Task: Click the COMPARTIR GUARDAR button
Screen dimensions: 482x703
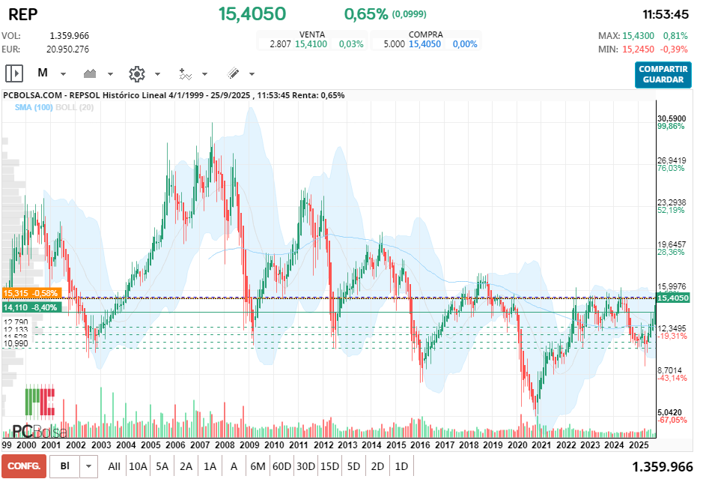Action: [x=663, y=74]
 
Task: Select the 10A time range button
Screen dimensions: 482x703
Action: [x=138, y=466]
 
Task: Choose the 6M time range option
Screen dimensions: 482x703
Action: [x=258, y=466]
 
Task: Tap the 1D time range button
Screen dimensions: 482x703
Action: [x=401, y=466]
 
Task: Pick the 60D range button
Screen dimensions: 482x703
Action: [x=281, y=466]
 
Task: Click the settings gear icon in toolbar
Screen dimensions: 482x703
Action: [x=136, y=73]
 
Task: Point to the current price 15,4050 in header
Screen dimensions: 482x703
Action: [x=252, y=13]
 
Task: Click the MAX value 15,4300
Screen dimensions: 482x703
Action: [x=638, y=36]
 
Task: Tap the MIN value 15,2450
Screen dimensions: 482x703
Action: [x=638, y=49]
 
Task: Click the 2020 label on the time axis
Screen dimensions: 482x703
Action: [x=517, y=445]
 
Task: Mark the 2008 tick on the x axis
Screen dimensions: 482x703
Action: [x=223, y=445]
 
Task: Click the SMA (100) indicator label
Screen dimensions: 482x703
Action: [x=34, y=107]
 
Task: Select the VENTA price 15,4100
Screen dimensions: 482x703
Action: [x=310, y=44]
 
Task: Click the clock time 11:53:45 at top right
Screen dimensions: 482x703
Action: [x=666, y=14]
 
